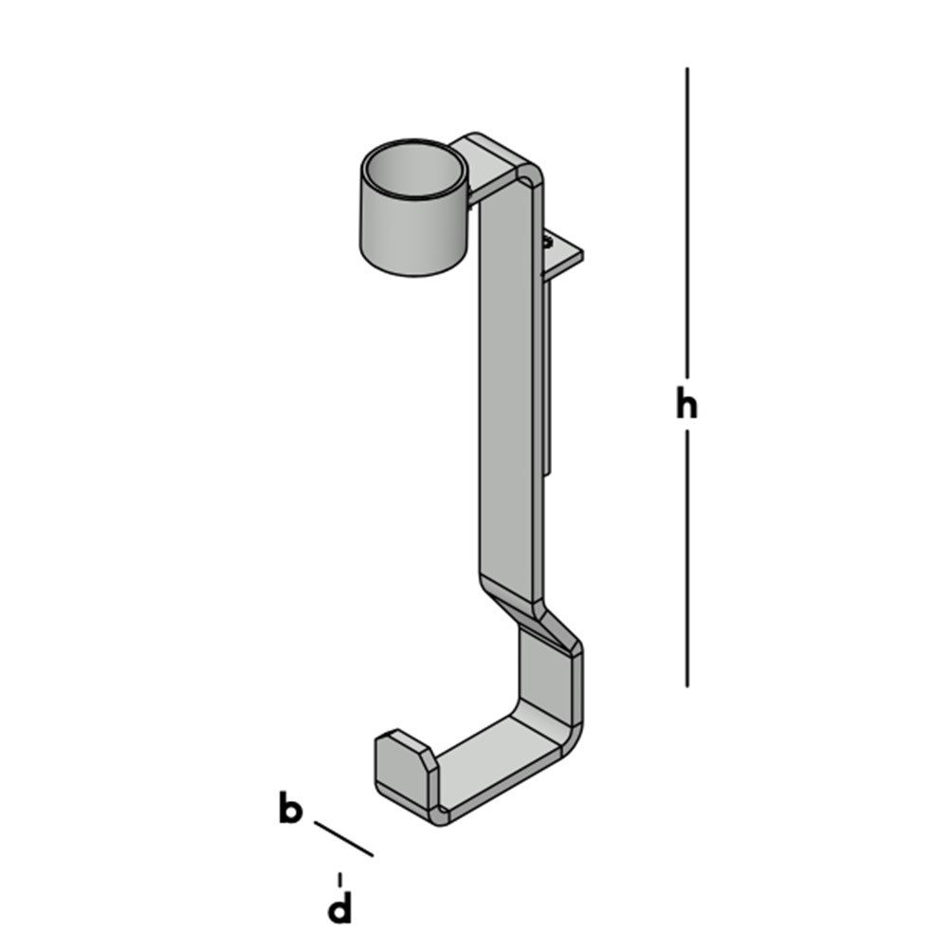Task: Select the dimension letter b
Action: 290,811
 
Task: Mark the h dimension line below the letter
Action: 687,559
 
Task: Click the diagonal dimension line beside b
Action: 343,839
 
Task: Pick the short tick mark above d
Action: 339,880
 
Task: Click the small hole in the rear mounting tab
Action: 550,243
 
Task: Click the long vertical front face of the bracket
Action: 510,379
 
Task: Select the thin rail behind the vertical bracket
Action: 549,379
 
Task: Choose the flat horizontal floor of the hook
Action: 493,758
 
